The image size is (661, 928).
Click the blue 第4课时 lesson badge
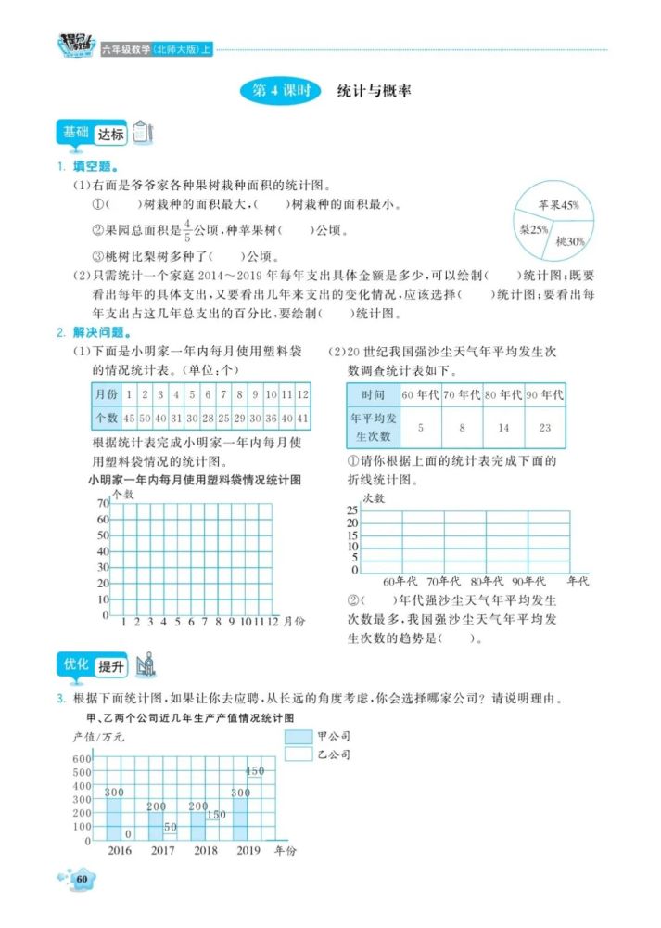click(x=280, y=91)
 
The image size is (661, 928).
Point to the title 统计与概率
click(x=375, y=91)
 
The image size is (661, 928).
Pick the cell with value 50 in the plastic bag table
click(x=145, y=419)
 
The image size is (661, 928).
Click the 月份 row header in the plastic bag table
click(x=106, y=393)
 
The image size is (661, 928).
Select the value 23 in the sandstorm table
click(x=544, y=428)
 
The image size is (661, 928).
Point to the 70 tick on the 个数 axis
click(x=102, y=503)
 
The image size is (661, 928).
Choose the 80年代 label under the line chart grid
click(x=486, y=581)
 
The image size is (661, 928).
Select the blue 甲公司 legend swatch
click(x=299, y=737)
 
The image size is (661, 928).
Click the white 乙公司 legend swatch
click(x=299, y=755)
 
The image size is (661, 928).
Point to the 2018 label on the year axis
click(x=206, y=851)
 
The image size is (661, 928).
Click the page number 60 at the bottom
click(x=82, y=879)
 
